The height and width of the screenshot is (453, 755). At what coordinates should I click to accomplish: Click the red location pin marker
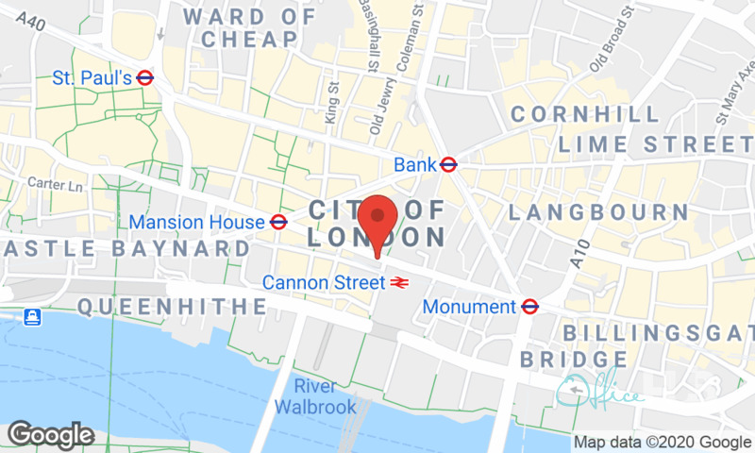point(378,223)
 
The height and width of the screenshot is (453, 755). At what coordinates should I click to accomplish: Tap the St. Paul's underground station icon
point(145,78)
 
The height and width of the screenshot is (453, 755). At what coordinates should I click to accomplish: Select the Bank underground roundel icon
point(449,165)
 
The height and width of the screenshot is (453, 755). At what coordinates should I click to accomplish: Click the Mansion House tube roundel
point(278,223)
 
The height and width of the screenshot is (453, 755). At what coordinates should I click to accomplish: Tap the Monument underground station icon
point(529,307)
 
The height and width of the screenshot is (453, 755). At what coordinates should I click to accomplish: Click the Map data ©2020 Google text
point(662,442)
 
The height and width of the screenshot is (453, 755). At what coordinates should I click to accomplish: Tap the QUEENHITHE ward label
point(173,306)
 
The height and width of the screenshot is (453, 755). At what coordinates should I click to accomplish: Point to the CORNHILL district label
point(585,115)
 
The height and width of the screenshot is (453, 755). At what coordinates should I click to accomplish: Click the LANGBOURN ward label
point(598,212)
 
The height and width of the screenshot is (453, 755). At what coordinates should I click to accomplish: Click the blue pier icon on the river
point(33,316)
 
